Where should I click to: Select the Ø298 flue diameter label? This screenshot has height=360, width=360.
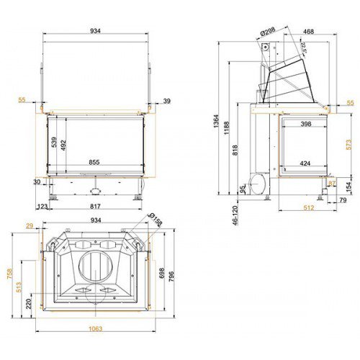268,32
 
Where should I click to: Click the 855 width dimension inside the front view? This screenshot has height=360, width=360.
94,163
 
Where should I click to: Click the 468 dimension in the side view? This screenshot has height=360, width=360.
308,32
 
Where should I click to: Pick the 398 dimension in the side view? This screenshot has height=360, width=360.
305,125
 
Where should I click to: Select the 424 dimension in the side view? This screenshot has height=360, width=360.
305,163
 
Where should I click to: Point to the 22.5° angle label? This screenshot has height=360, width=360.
303,49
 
